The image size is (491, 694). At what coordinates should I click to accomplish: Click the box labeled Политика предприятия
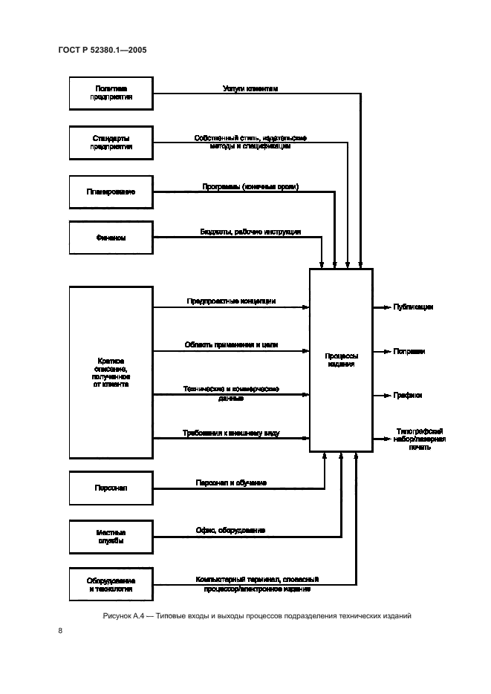pos(111,94)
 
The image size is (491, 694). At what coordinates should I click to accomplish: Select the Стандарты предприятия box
pos(111,143)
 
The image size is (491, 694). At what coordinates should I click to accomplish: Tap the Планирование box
pos(111,191)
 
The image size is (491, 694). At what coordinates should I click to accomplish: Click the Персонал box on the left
pos(111,488)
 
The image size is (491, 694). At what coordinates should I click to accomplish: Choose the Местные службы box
pos(111,537)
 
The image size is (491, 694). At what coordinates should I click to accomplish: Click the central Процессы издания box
pos(341,361)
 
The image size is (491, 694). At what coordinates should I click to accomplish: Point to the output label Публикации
pos(413,307)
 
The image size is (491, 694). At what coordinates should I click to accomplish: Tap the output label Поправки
pos(409,351)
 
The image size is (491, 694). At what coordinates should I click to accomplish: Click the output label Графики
pos(408,396)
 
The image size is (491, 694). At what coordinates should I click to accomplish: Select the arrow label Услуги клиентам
pos(250,88)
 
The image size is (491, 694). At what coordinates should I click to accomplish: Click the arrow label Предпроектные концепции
pos(231,301)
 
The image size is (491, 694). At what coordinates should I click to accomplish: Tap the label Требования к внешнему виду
pos(231,433)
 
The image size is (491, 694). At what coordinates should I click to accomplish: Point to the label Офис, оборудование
pos(230,531)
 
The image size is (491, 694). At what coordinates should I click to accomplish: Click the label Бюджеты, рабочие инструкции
pos(250,232)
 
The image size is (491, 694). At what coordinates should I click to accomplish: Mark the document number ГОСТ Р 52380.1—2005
pos(105,50)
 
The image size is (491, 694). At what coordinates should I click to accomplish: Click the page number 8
pos(59,631)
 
